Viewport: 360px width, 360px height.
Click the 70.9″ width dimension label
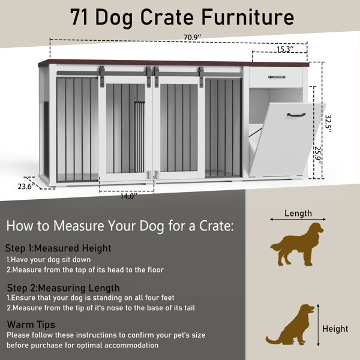pyautogui.click(x=192, y=37)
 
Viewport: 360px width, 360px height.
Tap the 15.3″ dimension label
pyautogui.click(x=285, y=49)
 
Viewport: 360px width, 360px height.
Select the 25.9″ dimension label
pyautogui.click(x=317, y=155)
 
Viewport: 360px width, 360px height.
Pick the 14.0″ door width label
pyautogui.click(x=129, y=196)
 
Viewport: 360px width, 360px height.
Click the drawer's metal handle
pyautogui.click(x=277, y=77)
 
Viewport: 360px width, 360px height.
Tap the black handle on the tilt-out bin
pyautogui.click(x=296, y=115)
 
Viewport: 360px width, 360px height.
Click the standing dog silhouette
pyautogui.click(x=297, y=244)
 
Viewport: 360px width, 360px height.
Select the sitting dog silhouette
pyautogui.click(x=290, y=325)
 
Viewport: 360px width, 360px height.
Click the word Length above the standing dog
pyautogui.click(x=298, y=213)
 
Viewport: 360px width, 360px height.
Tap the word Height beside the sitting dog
pyautogui.click(x=335, y=329)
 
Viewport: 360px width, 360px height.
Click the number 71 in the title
pyautogui.click(x=79, y=17)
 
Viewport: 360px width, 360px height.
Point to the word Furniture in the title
pyautogui.click(x=248, y=17)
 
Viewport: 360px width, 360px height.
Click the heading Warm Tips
pyautogui.click(x=31, y=325)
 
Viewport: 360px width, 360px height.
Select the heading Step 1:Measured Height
pyautogui.click(x=58, y=248)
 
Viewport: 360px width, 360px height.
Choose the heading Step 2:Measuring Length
pyautogui.click(x=64, y=288)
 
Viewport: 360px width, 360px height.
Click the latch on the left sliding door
pyautogui.click(x=149, y=175)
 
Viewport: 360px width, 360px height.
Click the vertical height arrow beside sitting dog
pyautogui.click(x=318, y=325)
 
